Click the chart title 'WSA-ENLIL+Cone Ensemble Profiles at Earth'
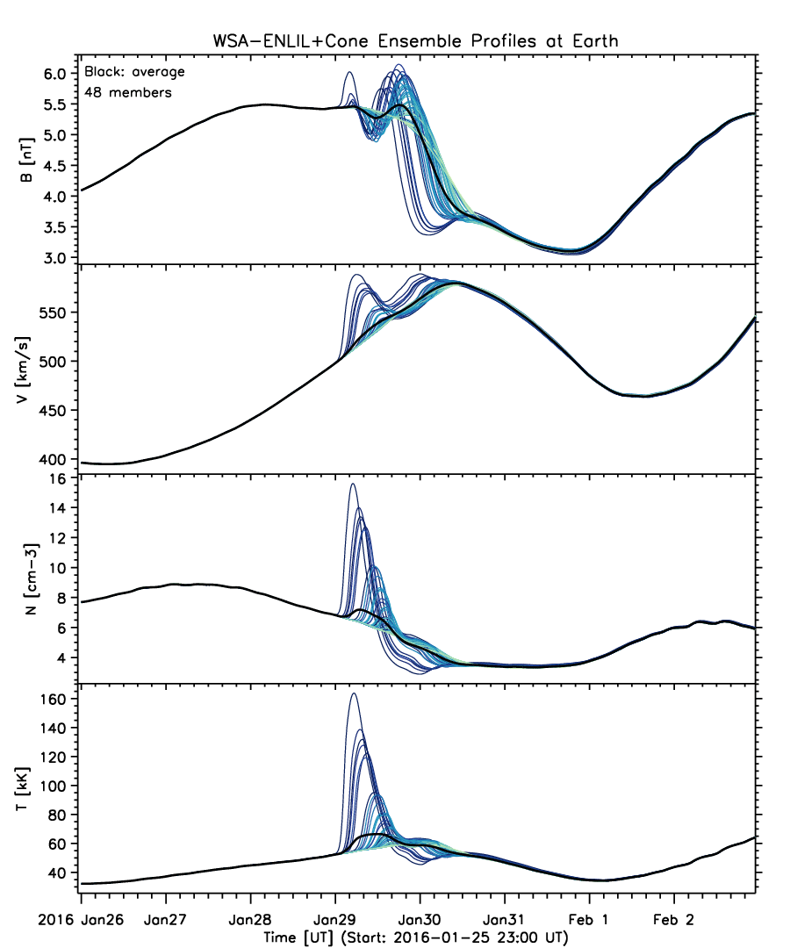(415, 41)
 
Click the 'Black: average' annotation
(134, 72)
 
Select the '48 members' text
(128, 92)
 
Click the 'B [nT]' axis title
(27, 160)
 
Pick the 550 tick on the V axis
(54, 312)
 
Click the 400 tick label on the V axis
(54, 459)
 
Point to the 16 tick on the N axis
(59, 479)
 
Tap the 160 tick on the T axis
(54, 699)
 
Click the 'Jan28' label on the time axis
(250, 920)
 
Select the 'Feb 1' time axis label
(588, 920)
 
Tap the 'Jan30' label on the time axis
(420, 920)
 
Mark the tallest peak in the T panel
(354, 693)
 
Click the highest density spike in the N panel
(352, 485)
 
